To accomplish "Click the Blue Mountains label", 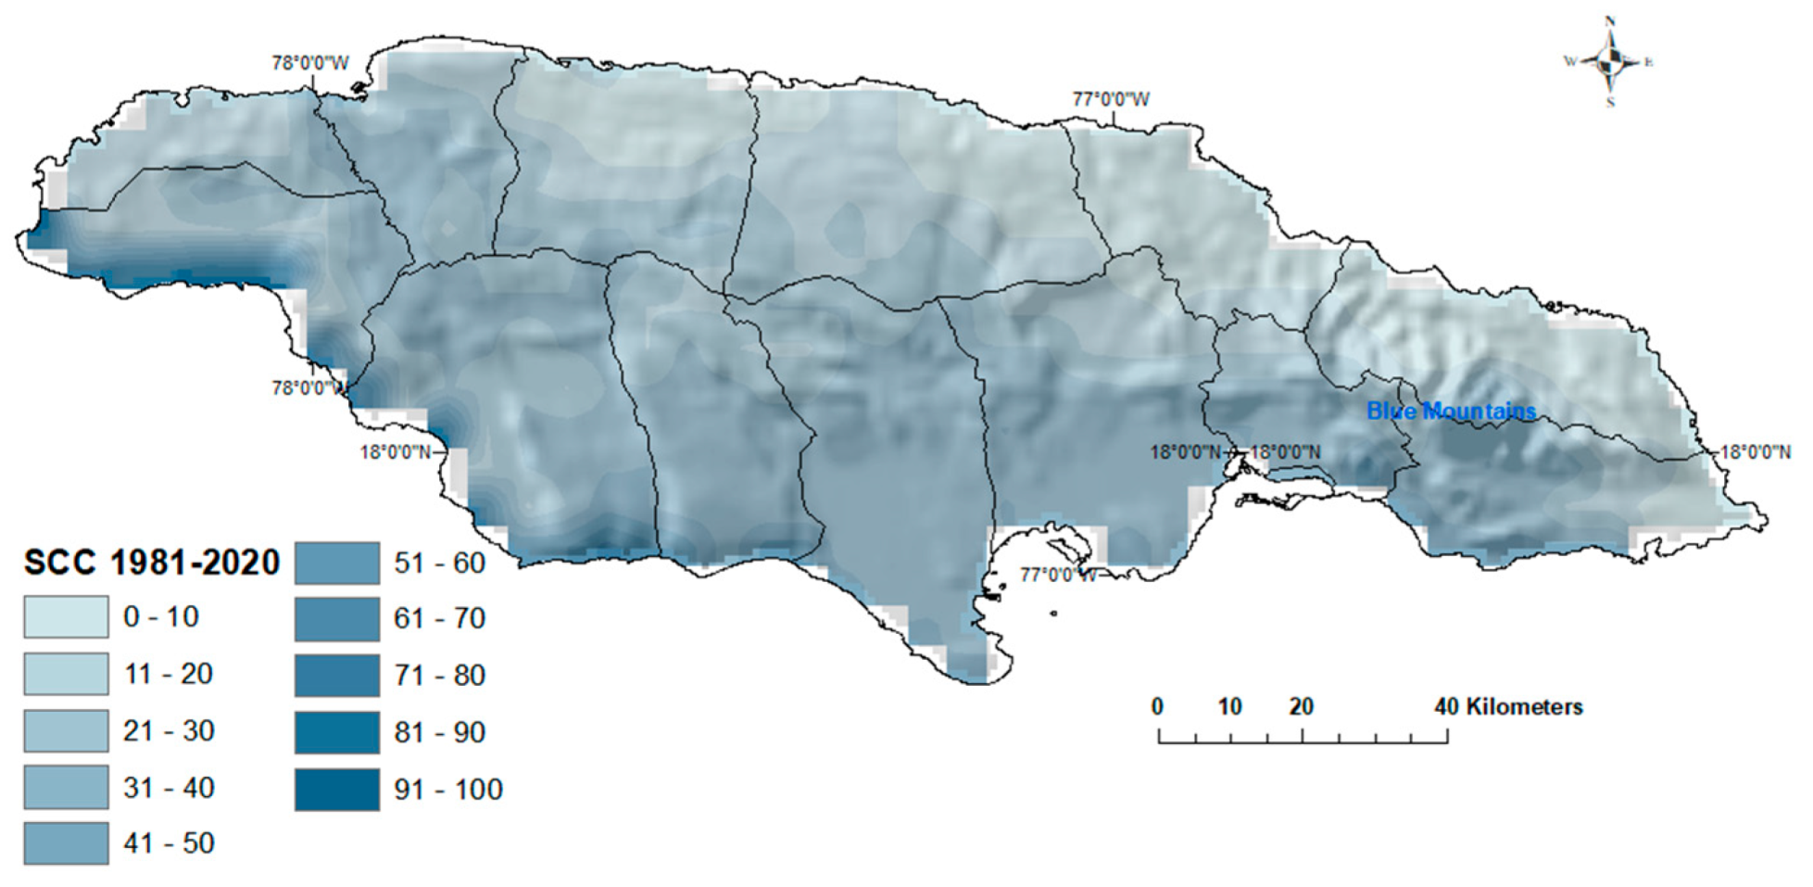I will click(1451, 411).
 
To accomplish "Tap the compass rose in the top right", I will click(1610, 62).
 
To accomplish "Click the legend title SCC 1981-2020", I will click(151, 563).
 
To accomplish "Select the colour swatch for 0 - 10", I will click(66, 617).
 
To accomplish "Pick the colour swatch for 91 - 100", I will click(337, 790).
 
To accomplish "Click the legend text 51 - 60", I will click(439, 563).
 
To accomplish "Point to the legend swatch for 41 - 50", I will click(66, 843).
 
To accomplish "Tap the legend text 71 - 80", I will click(439, 676).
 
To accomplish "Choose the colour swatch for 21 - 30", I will click(66, 731).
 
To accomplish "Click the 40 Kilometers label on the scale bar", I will click(1508, 707).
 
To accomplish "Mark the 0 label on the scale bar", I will click(1157, 707).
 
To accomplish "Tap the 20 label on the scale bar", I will click(1301, 707).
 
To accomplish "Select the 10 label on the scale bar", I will click(1229, 707).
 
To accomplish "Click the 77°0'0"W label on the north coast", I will click(1111, 99).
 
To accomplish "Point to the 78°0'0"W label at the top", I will click(310, 63).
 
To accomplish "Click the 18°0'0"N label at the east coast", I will click(1755, 452).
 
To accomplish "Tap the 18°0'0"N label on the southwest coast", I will click(396, 452).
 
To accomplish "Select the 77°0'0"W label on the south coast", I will click(1058, 575).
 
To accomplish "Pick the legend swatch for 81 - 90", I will click(337, 733).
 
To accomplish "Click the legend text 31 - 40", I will click(169, 788).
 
